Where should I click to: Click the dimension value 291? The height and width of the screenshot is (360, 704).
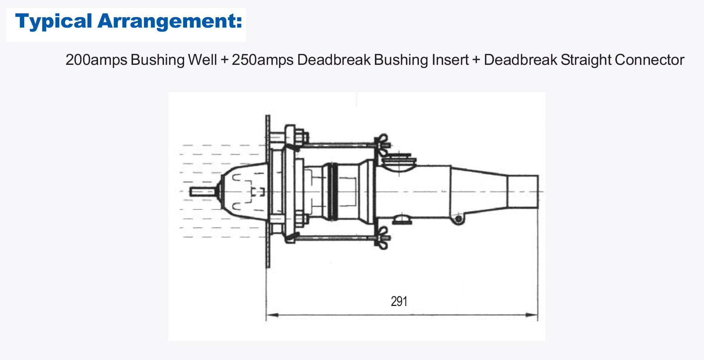pyautogui.click(x=399, y=301)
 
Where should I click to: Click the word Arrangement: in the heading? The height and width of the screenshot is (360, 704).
pyautogui.click(x=170, y=21)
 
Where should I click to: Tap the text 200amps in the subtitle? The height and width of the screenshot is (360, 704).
pyautogui.click(x=96, y=60)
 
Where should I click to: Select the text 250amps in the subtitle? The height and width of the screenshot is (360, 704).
pyautogui.click(x=262, y=60)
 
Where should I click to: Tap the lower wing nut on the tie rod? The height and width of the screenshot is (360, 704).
pyautogui.click(x=382, y=238)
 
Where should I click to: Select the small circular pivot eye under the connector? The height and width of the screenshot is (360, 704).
pyautogui.click(x=459, y=219)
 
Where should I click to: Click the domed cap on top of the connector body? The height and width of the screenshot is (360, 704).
pyautogui.click(x=399, y=161)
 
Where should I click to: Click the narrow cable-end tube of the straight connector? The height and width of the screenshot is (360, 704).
pyautogui.click(x=523, y=192)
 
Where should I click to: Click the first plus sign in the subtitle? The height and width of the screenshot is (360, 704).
pyautogui.click(x=224, y=60)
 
